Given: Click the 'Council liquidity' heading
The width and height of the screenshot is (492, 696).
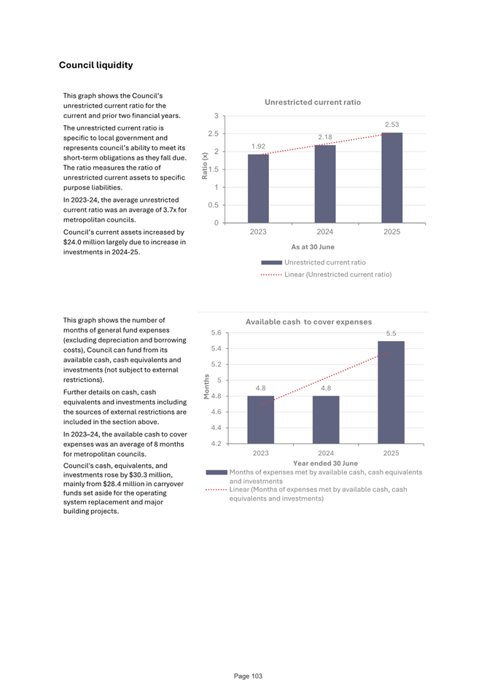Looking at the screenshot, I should (95, 66).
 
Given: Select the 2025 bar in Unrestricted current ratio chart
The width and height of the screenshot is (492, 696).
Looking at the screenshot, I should (391, 178).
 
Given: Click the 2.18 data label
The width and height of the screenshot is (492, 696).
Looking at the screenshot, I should (325, 137).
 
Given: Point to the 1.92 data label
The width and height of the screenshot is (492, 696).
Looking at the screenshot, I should (258, 146).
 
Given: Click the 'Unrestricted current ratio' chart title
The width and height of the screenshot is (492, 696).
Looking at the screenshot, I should (312, 103).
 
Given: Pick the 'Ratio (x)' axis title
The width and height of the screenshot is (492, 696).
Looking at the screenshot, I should (206, 165).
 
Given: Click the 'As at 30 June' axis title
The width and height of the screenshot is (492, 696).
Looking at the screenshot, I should (312, 247).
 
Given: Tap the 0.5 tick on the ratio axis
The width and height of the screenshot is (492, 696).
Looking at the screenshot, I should (212, 205).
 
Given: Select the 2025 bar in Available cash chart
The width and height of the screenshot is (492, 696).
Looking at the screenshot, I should (391, 391).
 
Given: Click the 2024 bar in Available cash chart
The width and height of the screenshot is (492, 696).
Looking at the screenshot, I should (325, 419).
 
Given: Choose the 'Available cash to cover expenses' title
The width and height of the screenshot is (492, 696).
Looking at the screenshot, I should (308, 321).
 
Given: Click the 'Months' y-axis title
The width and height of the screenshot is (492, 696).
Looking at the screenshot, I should (206, 386).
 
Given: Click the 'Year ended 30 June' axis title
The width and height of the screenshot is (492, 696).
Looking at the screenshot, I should (324, 463).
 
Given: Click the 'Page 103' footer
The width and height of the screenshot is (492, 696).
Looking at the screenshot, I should (248, 676).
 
